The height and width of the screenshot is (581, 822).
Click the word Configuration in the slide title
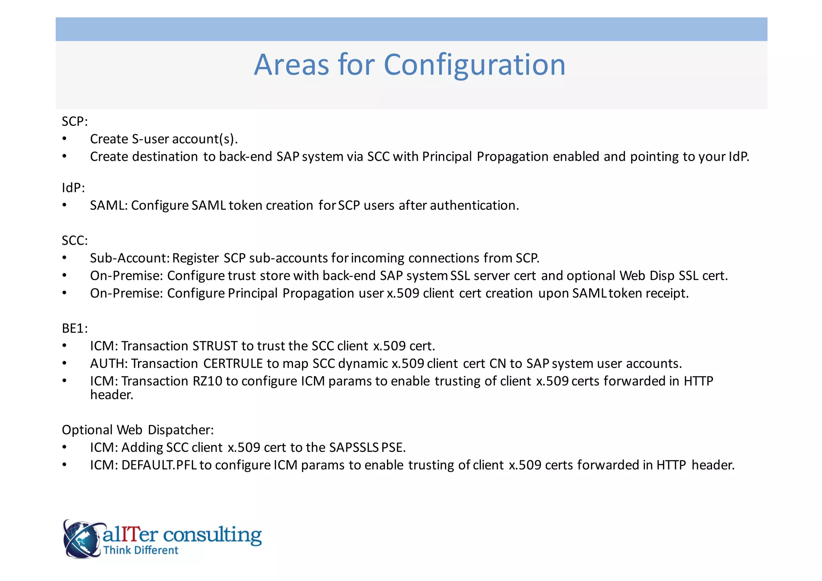[x=474, y=65]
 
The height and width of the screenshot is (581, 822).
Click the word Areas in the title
[x=292, y=65]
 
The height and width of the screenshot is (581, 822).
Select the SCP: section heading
[x=75, y=121]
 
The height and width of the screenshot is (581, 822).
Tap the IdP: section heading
[x=73, y=188]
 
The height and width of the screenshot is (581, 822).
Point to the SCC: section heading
[x=75, y=240]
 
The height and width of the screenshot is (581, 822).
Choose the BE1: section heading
[x=75, y=328]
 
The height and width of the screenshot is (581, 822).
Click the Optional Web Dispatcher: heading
[x=138, y=430]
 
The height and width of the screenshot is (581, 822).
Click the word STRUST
[x=215, y=346]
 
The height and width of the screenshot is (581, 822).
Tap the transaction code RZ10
[x=207, y=381]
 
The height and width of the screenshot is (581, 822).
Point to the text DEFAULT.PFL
[x=159, y=465]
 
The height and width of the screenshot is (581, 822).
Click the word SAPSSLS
[x=354, y=447]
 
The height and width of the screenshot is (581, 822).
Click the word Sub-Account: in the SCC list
[x=130, y=258]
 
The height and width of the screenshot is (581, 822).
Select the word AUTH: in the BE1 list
[x=109, y=364]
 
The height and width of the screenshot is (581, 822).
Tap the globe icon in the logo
[x=81, y=539]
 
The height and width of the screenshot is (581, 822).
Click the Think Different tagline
[x=140, y=550]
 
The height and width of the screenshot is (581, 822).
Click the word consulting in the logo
[x=212, y=534]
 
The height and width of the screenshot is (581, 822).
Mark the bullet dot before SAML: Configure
[x=65, y=205]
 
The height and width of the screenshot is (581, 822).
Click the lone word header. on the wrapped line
[x=112, y=395]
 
